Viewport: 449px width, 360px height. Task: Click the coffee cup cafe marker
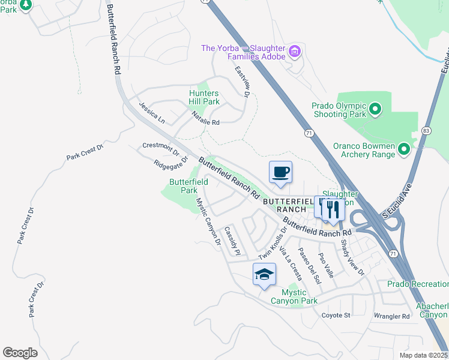[x=280, y=173]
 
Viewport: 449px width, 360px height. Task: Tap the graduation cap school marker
[x=264, y=275]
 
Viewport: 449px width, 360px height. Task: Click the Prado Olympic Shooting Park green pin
[x=375, y=109]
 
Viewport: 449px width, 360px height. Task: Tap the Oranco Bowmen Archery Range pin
[x=404, y=148]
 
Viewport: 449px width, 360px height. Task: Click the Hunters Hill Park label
[x=204, y=98]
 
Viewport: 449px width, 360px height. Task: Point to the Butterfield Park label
[x=188, y=186]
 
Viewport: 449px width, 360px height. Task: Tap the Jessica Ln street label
[x=151, y=112]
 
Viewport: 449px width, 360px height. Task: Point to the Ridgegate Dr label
[x=170, y=163]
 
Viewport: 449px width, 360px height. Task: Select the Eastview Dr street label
[x=242, y=82]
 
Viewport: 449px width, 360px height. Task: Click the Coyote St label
[x=336, y=315]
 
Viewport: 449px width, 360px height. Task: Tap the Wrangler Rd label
[x=391, y=316]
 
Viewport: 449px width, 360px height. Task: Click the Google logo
[x=20, y=353]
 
